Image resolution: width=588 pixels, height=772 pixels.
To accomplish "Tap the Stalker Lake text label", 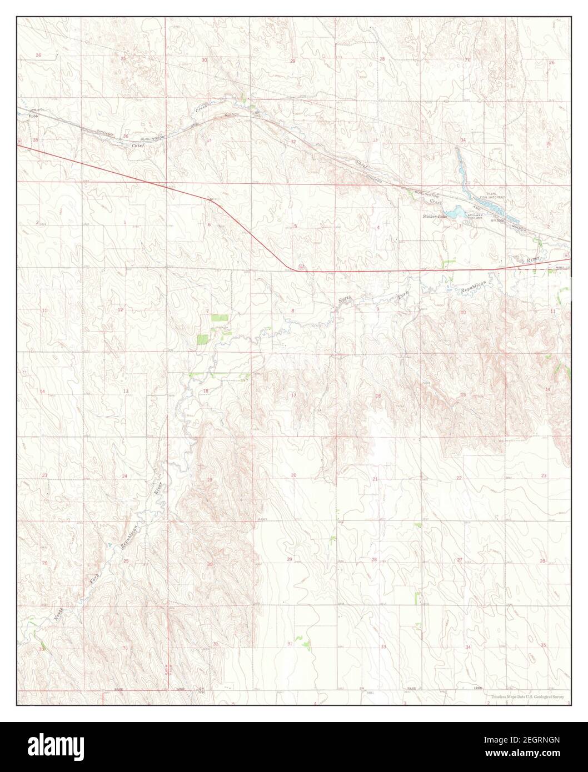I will coord(434,215).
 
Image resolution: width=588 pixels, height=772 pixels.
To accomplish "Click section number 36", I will coord(126,136).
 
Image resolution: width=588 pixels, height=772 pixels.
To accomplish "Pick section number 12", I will coord(120,309).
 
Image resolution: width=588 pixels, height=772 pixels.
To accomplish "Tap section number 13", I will coord(126,392).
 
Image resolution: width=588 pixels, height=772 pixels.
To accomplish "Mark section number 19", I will coord(210,479).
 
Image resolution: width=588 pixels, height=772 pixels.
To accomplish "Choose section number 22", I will coord(459,478).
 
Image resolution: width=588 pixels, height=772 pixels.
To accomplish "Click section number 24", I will coord(124,477).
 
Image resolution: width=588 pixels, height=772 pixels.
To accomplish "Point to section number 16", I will coord(378,396).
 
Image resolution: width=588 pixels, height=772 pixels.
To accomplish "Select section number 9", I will coord(377,309).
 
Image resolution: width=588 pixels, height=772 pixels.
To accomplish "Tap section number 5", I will coord(296,225).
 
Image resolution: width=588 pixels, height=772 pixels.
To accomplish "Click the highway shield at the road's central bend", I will coord(300,267).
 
